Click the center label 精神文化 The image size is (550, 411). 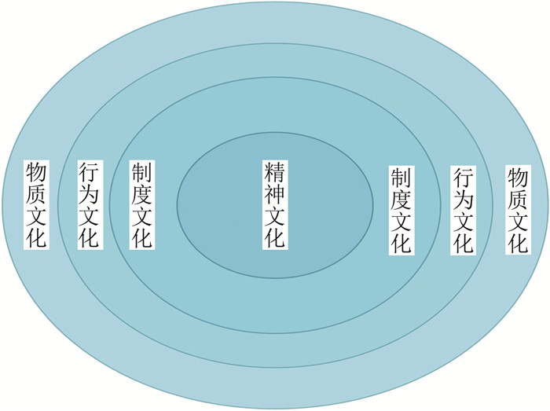click(275, 206)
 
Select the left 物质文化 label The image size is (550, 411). click(36, 205)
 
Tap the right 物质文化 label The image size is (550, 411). click(515, 209)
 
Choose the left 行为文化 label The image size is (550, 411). click(89, 205)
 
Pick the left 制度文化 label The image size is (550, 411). click(141, 205)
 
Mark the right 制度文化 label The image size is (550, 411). click(401, 210)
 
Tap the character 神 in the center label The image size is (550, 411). click(275, 195)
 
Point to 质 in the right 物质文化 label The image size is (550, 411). click(515, 198)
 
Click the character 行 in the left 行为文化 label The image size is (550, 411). click(89, 173)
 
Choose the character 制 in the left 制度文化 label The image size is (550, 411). click(141, 173)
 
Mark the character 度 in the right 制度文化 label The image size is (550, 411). click(401, 200)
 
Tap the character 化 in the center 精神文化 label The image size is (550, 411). click(275, 238)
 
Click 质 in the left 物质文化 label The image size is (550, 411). click(36, 194)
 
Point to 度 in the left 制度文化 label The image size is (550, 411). click(141, 194)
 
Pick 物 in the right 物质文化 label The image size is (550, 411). click(515, 176)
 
